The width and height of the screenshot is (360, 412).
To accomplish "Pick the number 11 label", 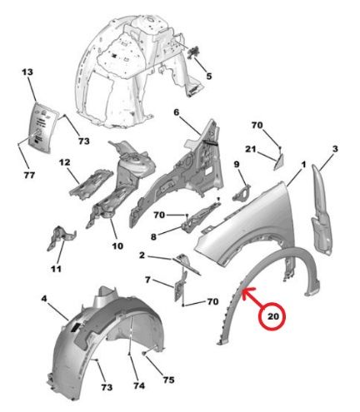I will tap(56, 269).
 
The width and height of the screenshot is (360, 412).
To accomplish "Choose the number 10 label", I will tap(117, 246).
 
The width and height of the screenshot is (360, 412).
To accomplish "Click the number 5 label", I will tap(209, 77).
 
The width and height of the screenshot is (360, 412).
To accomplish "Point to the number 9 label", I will tap(236, 165).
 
